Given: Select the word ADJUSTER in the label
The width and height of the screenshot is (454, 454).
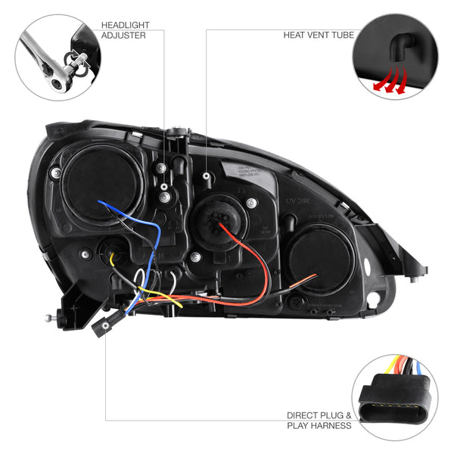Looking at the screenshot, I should pos(123,36).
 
